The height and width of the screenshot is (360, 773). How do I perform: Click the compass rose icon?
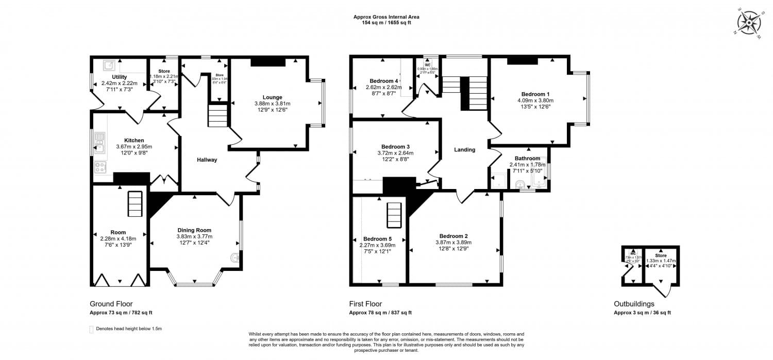click(748, 23)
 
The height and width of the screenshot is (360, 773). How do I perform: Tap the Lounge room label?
click(272, 97)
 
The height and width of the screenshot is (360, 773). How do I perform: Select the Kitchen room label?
click(133, 140)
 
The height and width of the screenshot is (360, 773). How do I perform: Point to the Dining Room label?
click(194, 230)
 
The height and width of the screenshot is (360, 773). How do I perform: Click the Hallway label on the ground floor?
click(207, 160)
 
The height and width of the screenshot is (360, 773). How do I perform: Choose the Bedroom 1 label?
click(535, 94)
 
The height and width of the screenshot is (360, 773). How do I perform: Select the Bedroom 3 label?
click(395, 146)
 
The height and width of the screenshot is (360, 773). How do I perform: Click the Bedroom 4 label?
click(384, 81)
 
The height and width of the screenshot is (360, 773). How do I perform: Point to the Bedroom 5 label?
click(377, 239)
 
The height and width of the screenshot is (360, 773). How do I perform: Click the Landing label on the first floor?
click(464, 150)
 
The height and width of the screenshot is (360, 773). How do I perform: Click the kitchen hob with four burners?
click(100, 167)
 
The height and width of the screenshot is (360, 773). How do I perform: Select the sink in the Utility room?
click(109, 65)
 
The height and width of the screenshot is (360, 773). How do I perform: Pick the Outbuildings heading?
click(634, 304)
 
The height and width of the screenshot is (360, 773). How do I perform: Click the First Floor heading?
click(365, 304)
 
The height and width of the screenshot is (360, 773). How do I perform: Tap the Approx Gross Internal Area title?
click(386, 17)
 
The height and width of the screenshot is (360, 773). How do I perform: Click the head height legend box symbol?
click(92, 329)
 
